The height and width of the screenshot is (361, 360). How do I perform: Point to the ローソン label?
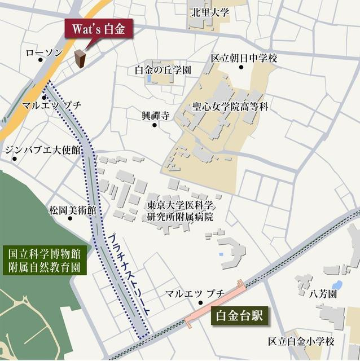tap(44, 52)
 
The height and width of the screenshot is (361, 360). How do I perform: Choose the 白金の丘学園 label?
tap(163, 70)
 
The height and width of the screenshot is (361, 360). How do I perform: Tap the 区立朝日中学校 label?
tap(244, 58)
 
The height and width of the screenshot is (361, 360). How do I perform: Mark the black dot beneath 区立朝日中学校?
tap(241, 68)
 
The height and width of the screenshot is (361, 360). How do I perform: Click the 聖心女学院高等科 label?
tap(230, 106)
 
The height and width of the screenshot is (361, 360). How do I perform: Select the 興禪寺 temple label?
tap(155, 116)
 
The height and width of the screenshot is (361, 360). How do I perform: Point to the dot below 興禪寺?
tap(155, 125)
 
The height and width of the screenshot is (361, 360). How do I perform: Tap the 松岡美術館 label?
tap(72, 210)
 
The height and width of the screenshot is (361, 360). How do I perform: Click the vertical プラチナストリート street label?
tap(129, 277)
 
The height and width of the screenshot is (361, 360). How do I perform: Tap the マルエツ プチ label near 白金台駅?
tap(195, 293)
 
